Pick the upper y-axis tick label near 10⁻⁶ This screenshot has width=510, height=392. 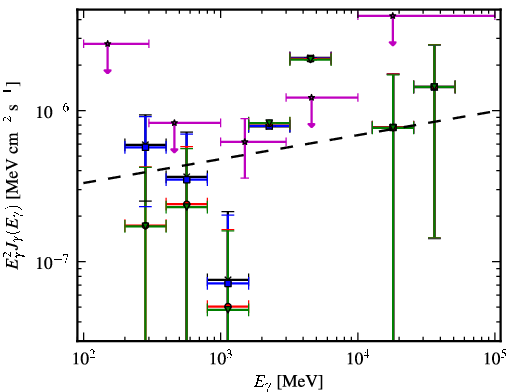pos(53,112)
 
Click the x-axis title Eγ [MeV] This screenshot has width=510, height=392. pos(288,382)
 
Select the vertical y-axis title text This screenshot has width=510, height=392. pos(13,175)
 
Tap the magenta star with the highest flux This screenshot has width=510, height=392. pos(393,16)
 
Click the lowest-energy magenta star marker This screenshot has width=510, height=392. pos(107,44)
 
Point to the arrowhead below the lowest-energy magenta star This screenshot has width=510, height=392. pos(107,71)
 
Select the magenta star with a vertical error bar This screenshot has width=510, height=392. pos(245,142)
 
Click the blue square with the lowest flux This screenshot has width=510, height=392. pos(228,283)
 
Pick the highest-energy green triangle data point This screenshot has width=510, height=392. pos(434,87)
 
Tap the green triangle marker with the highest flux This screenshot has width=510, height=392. pos(310,59)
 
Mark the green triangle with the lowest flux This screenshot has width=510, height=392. pos(228,309)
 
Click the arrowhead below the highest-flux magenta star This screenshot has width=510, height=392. pos(393,43)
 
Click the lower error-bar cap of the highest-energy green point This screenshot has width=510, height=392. pos(434,238)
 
